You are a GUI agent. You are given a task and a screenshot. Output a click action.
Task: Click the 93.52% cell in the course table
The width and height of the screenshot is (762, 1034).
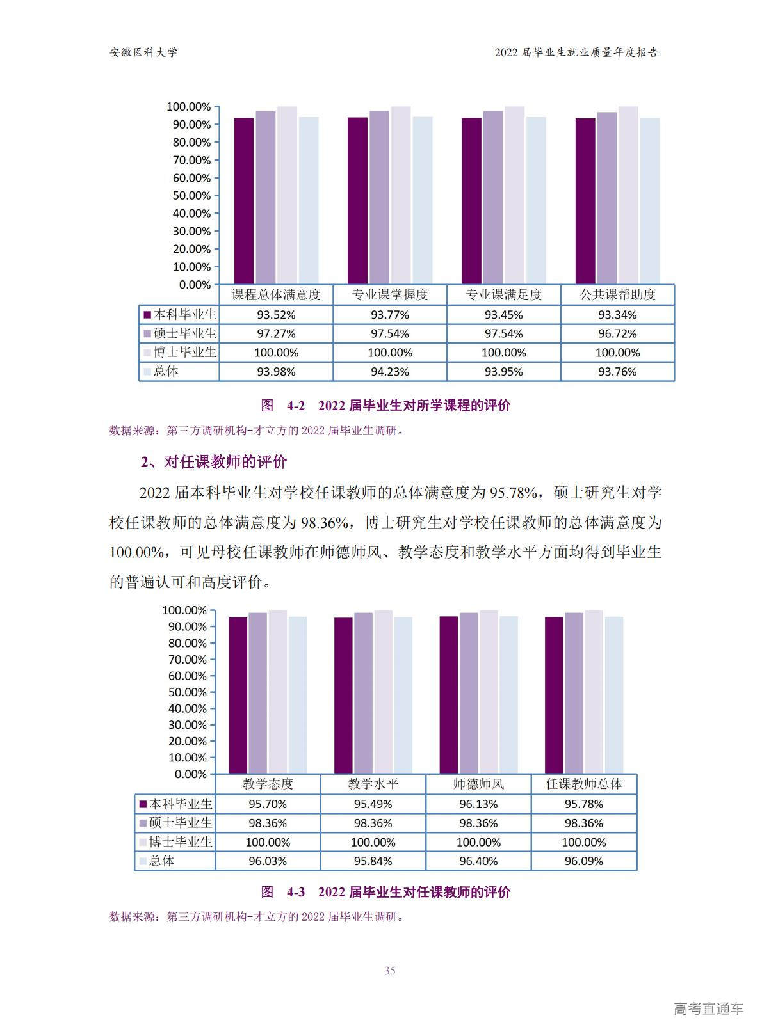[x=276, y=315]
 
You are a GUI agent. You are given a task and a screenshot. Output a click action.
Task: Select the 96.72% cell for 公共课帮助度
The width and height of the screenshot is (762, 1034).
[x=617, y=333]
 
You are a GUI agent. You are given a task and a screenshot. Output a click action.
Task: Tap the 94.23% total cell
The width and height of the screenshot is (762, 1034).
[x=389, y=372]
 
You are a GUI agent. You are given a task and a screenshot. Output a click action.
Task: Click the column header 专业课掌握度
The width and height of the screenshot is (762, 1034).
[x=389, y=295]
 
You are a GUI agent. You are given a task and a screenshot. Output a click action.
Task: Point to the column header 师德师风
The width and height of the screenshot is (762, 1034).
[x=478, y=784]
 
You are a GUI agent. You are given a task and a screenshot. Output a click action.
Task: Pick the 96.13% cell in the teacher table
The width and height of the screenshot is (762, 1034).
[x=478, y=804]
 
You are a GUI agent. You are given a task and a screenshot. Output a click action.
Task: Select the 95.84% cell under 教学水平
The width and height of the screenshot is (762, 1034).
[x=373, y=861]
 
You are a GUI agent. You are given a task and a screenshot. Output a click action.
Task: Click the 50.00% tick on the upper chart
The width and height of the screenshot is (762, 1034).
[x=191, y=196]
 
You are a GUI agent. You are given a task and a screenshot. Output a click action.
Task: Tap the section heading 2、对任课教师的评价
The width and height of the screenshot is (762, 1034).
[x=214, y=462]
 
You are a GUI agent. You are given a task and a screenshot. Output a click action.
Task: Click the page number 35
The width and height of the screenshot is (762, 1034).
[x=389, y=971]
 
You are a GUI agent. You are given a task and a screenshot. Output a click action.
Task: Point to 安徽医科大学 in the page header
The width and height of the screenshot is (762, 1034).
[x=143, y=52]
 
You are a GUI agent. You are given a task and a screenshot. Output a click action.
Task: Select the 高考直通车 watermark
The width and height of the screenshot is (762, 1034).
[x=708, y=1009]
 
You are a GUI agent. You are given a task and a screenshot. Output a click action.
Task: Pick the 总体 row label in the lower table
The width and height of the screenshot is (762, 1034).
[x=161, y=861]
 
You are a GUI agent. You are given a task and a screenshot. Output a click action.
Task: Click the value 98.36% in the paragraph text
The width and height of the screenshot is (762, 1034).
[x=325, y=523]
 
